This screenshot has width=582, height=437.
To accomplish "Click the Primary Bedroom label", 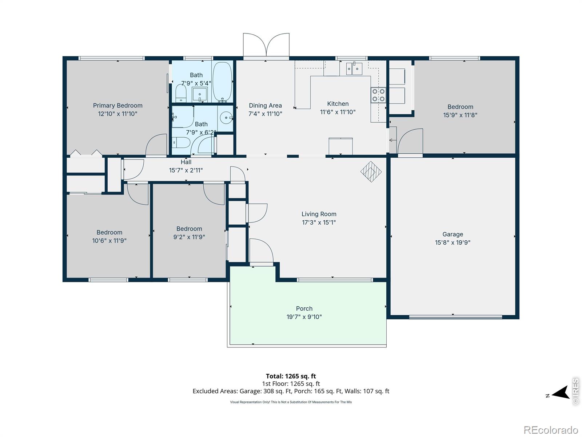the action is point(117,105).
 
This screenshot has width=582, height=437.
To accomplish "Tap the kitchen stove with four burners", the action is point(378,95).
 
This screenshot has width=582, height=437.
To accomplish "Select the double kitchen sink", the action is point(354,68).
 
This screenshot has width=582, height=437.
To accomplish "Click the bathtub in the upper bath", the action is point(222,82).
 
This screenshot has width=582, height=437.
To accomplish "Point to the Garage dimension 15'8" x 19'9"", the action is point(453,242).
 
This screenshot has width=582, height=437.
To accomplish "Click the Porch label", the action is point(304,308).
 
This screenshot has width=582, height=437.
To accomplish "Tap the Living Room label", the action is point(319,214).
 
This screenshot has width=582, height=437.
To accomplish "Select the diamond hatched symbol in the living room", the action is point(371,172).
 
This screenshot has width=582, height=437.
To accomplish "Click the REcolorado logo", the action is point(551,430).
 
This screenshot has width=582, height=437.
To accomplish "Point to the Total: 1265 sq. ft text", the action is point(291,376).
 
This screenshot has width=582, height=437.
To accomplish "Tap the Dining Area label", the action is point(265,105).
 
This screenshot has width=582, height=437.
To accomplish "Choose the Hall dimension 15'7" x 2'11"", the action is point(186,170).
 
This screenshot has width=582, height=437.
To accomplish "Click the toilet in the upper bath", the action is point(181,93).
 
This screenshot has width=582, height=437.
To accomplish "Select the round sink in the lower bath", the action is point(227,117).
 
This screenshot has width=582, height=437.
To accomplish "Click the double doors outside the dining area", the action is point(266,45).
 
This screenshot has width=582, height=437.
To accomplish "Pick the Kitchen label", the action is point(338,103).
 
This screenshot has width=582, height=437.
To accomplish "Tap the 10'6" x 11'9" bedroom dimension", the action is point(109,240).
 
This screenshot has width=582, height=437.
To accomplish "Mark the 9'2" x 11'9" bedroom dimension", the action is point(189,237).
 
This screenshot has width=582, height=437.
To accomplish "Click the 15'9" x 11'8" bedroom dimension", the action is point(460,115).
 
